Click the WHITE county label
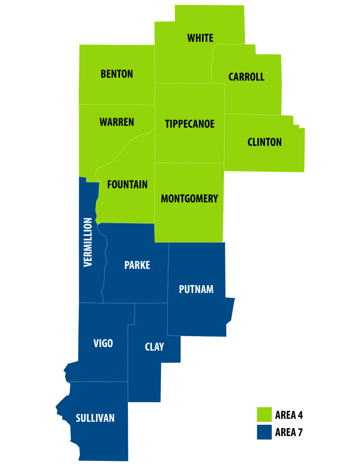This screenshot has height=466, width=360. click(x=200, y=38)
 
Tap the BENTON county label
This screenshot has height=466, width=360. click(x=117, y=74)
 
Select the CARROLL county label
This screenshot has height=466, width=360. click(x=246, y=77)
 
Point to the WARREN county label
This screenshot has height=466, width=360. click(x=117, y=122)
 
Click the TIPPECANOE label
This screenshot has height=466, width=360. click(x=189, y=124)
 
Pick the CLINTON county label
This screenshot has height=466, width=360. click(x=264, y=142)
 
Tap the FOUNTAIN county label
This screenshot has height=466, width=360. click(x=127, y=185)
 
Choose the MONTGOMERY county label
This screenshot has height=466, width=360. click(x=189, y=199)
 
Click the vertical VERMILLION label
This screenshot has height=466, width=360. click(x=88, y=242)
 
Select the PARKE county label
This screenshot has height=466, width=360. click(x=137, y=265)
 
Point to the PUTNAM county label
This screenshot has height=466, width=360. click(x=196, y=289)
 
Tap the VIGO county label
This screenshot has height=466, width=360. click(x=103, y=344)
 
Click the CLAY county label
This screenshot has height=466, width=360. click(x=154, y=347)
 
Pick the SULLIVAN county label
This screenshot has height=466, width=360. click(x=95, y=418)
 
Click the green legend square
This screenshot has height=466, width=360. click(x=264, y=414)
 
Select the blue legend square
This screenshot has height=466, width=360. click(x=264, y=432)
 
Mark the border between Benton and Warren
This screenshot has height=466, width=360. click(x=117, y=105)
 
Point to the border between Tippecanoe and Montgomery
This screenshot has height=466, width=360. click(x=189, y=163)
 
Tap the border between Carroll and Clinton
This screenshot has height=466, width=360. click(x=253, y=114)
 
